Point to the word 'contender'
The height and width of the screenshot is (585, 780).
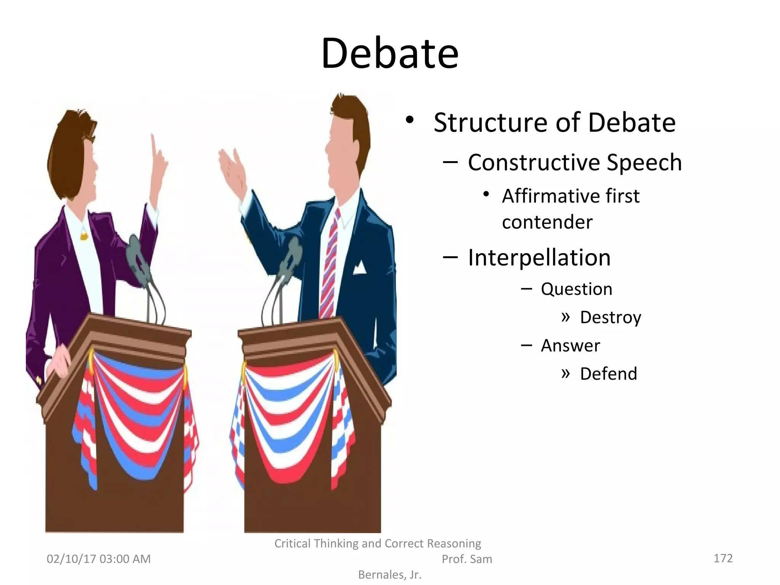coord(547,222)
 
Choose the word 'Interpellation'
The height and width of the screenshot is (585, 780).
coord(539,257)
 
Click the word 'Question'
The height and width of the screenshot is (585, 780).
coord(577,289)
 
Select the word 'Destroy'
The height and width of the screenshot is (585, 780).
coord(611,317)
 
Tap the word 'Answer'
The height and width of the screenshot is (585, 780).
coord(570,345)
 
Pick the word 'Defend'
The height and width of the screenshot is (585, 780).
coord(608,374)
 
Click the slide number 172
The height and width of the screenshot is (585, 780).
coord(723,558)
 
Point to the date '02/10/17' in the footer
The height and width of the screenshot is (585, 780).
coord(70,559)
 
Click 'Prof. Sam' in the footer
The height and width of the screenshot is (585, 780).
coord(467,559)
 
